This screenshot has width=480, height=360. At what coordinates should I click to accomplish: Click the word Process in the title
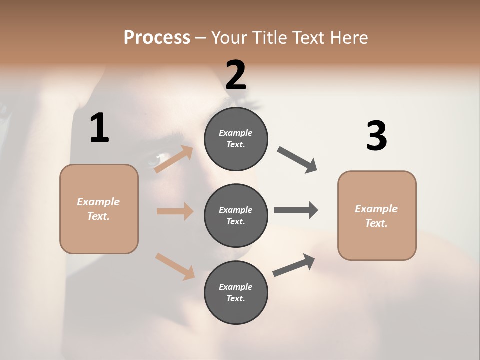[157, 38]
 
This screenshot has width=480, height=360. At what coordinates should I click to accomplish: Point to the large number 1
[99, 128]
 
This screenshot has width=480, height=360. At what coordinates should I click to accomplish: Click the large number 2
[236, 75]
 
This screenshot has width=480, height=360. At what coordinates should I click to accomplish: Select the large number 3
[376, 136]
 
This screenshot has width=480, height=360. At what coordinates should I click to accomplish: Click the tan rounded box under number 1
[99, 209]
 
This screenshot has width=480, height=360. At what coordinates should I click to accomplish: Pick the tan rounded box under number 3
[377, 215]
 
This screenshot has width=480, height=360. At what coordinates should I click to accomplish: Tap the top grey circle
[236, 139]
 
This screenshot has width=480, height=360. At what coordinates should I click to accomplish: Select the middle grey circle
[236, 215]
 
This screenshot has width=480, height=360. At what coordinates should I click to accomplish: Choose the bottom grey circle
[236, 292]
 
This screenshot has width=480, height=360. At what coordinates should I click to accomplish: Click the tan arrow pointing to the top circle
[174, 159]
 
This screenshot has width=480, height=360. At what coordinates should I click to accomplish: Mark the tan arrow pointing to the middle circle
[175, 211]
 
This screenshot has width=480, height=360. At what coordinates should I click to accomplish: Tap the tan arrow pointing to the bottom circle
[175, 266]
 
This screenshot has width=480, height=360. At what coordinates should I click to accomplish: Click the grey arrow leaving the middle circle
[295, 210]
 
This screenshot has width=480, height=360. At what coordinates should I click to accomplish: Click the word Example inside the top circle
[236, 133]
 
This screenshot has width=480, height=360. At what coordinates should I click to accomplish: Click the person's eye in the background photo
[153, 160]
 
